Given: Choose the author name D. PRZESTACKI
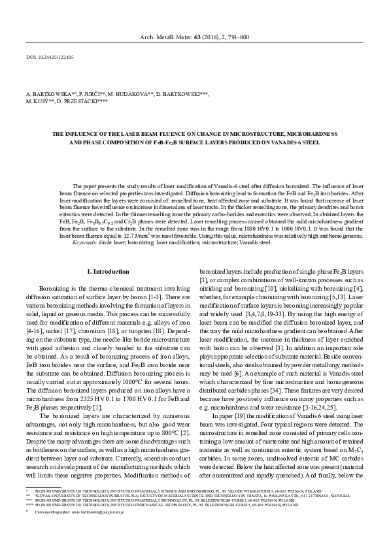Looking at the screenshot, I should (x=78, y=103).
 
